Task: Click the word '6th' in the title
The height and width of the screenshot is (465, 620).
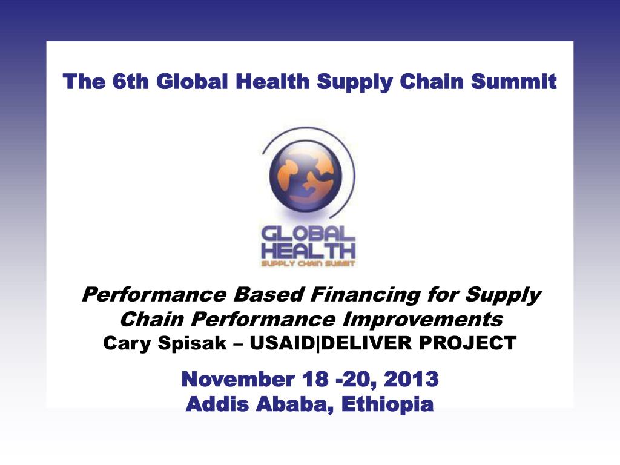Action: pyautogui.click(x=131, y=82)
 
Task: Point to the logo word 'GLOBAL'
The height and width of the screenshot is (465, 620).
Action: pyautogui.click(x=308, y=234)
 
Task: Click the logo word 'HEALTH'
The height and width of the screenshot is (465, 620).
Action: pyautogui.click(x=308, y=251)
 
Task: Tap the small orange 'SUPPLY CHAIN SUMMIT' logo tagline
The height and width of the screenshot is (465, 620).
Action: pyautogui.click(x=308, y=264)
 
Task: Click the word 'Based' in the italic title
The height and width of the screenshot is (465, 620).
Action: pyautogui.click(x=268, y=295)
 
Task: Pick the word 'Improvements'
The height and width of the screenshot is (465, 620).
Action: pyautogui.click(x=422, y=320)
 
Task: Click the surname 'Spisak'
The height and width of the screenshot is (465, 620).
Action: pyautogui.click(x=193, y=343)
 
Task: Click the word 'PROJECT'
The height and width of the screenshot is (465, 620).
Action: pyautogui.click(x=468, y=343)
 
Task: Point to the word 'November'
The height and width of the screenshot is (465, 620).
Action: pyautogui.click(x=237, y=379)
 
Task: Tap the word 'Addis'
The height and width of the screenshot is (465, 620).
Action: pyautogui.click(x=217, y=404)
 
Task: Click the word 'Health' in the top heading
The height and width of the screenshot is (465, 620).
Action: pyautogui.click(x=272, y=82)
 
